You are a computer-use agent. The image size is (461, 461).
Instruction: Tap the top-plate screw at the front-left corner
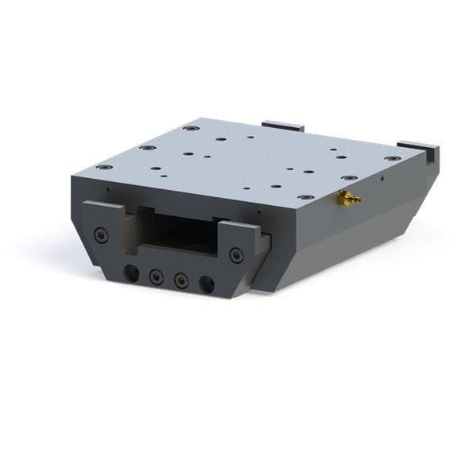tap(104, 168)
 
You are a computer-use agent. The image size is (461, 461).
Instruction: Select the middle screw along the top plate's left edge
tap(146, 148)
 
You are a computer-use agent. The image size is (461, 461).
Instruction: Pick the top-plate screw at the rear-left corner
tap(190, 128)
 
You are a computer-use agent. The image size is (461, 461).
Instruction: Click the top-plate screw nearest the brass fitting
tap(305, 196)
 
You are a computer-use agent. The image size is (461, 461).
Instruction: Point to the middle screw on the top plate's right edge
tap(348, 177)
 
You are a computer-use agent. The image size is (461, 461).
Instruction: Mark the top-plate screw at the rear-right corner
tap(392, 158)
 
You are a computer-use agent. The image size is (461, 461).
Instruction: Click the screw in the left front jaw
tap(100, 234)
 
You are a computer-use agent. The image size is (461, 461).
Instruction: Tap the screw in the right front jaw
tap(236, 255)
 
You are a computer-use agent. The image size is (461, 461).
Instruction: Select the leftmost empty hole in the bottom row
tap(132, 273)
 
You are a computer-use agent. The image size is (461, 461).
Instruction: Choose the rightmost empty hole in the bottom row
tap(207, 284)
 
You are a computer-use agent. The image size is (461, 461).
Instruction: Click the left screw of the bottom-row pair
tap(157, 277)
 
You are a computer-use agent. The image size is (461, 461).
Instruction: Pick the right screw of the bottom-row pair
tap(182, 281)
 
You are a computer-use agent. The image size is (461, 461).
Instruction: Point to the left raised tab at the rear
tap(284, 126)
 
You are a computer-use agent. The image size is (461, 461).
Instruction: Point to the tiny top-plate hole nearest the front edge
tap(246, 189)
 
